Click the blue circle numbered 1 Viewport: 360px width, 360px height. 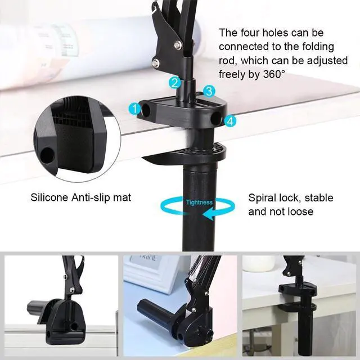click(x=135, y=108)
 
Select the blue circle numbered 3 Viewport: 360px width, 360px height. click(x=209, y=90)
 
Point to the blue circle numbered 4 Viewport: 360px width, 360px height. click(x=229, y=120)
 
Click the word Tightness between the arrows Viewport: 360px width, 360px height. click(x=199, y=202)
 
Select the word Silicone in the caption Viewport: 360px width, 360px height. click(x=49, y=198)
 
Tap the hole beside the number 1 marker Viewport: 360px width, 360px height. click(x=146, y=110)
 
